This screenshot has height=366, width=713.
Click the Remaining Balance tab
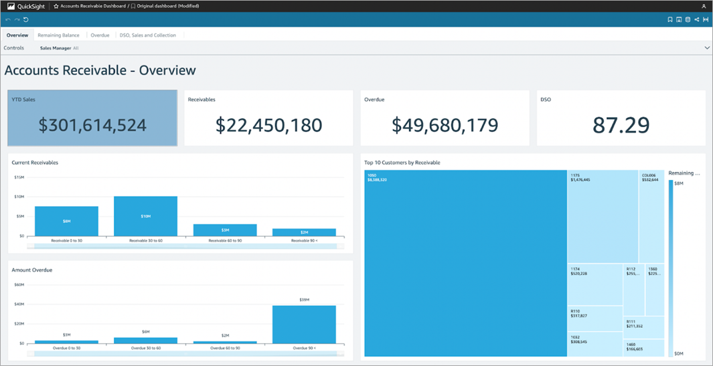click(58, 35)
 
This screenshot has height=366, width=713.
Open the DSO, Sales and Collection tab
click(147, 35)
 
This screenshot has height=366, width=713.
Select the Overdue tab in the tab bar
click(100, 35)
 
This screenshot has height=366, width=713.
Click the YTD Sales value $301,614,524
click(92, 125)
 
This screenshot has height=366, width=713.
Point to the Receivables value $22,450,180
click(268, 125)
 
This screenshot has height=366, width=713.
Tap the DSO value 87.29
click(621, 125)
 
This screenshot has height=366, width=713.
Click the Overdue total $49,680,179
click(445, 125)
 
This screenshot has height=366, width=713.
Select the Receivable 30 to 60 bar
click(145, 216)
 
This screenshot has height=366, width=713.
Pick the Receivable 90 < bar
click(304, 232)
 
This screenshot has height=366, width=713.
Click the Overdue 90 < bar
click(304, 325)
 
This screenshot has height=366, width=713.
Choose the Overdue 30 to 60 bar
click(145, 340)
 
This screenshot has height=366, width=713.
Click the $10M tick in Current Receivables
click(19, 197)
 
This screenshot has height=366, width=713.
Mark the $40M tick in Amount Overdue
click(19, 304)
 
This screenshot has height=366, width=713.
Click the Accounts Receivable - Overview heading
click(100, 70)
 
